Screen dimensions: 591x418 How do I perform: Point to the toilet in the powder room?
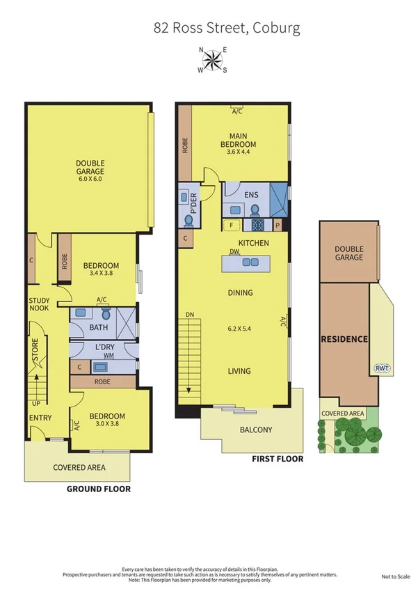[x=188, y=219]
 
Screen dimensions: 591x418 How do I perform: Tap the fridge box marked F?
[x=231, y=225]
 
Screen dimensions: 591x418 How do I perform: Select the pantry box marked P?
[x=277, y=225]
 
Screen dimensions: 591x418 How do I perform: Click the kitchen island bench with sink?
[x=244, y=263]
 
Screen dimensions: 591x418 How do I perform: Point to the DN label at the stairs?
[x=189, y=315]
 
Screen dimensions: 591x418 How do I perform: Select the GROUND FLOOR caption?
[x=98, y=489]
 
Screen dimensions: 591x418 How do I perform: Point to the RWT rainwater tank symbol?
[x=381, y=368]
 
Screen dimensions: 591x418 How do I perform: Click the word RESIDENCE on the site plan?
[x=344, y=340]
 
